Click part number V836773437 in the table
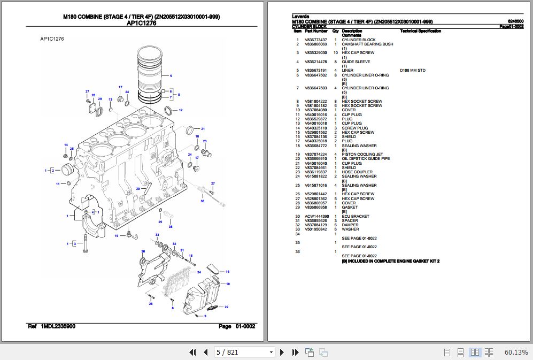pos(315,40)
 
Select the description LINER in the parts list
pos(347,71)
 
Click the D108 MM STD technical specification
pos(412,71)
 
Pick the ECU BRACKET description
pos(356,217)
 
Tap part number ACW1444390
pos(317,217)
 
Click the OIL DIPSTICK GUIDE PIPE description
pos(366,159)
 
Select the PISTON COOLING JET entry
pos(359,155)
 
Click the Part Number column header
pos(316,31)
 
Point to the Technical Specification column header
pos(420,31)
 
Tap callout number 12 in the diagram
pos(181,110)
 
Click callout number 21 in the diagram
pos(203,129)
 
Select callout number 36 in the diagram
pos(202,201)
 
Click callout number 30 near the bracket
pos(143,251)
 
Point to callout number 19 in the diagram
pos(116,236)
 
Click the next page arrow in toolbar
pos(283,352)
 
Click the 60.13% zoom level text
pos(516,352)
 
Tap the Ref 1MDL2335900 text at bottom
pos(51,326)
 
